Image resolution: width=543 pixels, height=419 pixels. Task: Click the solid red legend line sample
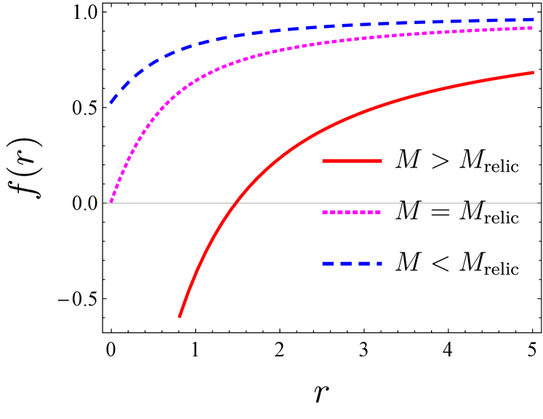pyautogui.click(x=352, y=161)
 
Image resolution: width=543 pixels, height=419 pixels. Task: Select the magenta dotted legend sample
pyautogui.click(x=352, y=212)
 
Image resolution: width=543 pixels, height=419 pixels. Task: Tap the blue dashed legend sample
pyautogui.click(x=352, y=263)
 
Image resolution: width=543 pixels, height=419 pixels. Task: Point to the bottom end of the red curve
pyautogui.click(x=180, y=316)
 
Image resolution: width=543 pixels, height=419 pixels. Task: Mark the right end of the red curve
pyautogui.click(x=534, y=73)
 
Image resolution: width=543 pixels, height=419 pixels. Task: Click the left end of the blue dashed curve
pyautogui.click(x=111, y=103)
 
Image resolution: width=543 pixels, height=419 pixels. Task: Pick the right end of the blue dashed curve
pyautogui.click(x=534, y=20)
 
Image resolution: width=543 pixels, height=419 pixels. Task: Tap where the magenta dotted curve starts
pyautogui.click(x=110, y=201)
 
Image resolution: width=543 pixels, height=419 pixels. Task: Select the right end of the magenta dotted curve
pyautogui.click(x=534, y=28)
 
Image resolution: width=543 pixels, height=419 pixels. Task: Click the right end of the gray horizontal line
pyautogui.click(x=539, y=203)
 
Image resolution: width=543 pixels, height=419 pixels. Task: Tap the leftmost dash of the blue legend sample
pyautogui.click(x=327, y=263)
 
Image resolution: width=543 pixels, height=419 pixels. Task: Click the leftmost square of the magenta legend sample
pyautogui.click(x=325, y=212)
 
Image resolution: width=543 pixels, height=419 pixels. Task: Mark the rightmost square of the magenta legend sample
pyautogui.click(x=378, y=212)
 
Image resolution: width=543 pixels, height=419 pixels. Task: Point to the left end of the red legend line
pyautogui.click(x=323, y=161)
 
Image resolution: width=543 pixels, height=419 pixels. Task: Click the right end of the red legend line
pyautogui.click(x=381, y=161)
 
